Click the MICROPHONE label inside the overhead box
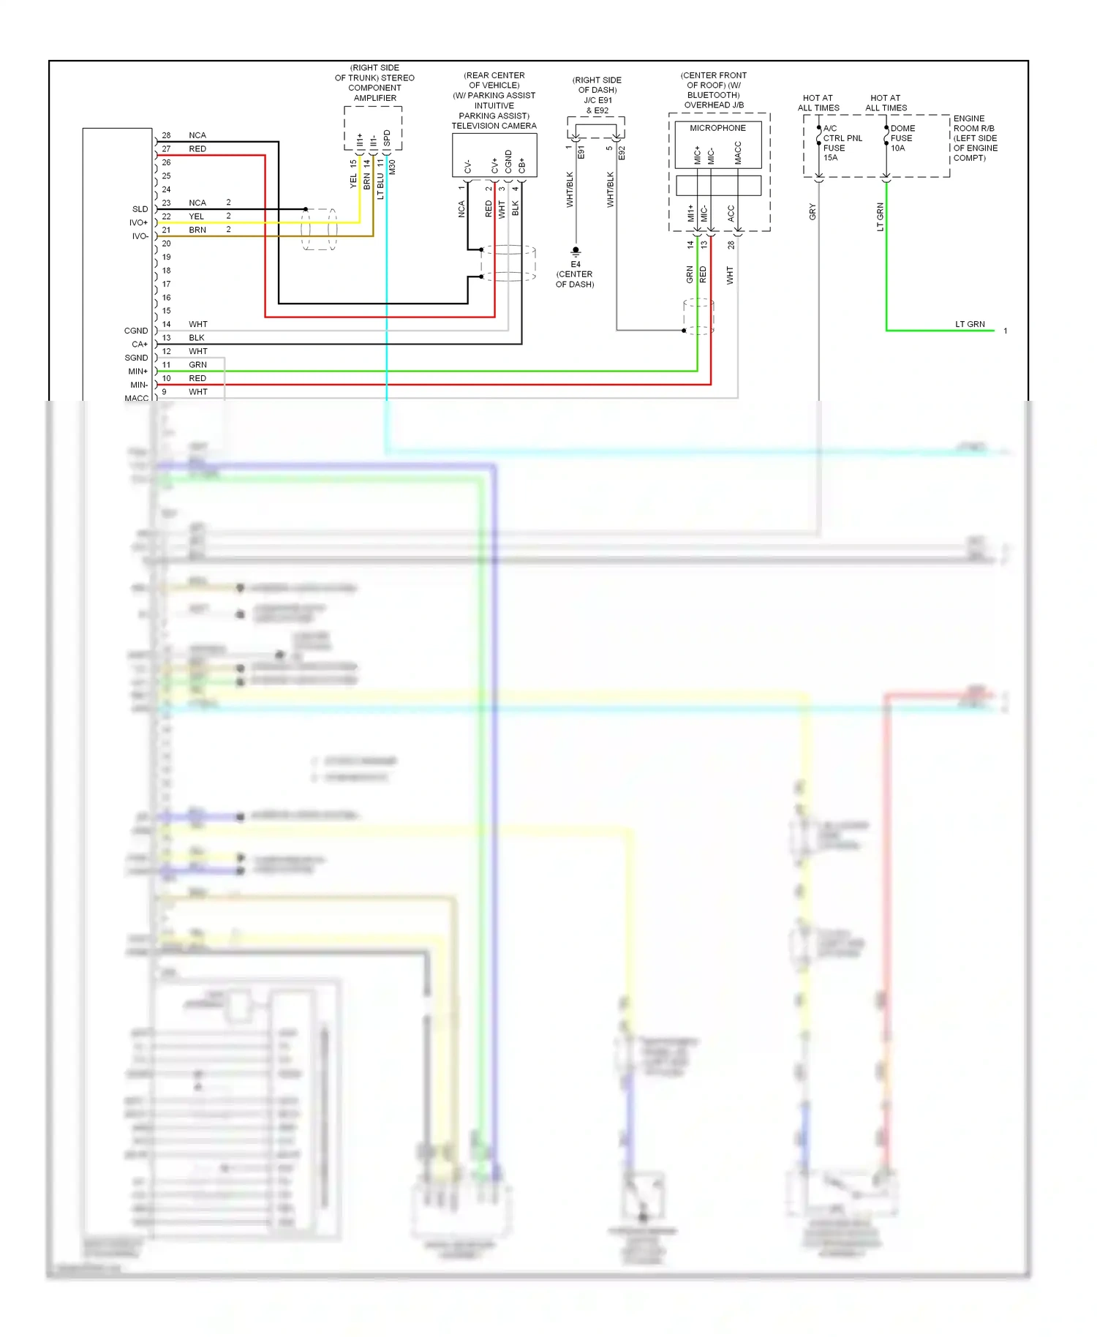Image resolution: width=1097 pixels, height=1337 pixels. tap(717, 128)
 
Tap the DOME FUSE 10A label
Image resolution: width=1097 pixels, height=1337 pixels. tap(902, 138)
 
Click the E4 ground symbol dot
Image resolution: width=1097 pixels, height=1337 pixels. tap(576, 250)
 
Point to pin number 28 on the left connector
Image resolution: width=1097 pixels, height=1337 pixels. tap(166, 135)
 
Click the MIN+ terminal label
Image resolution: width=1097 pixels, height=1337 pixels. tap(137, 372)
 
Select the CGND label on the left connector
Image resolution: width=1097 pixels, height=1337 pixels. tap(136, 331)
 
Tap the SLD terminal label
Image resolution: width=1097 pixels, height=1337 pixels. tap(140, 209)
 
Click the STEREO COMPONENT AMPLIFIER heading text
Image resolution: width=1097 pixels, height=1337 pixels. tap(374, 83)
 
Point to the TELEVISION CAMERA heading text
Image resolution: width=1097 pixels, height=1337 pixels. tap(494, 126)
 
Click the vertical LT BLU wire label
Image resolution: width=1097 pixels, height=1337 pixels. tap(380, 187)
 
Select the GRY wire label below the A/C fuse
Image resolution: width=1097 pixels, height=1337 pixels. tap(813, 212)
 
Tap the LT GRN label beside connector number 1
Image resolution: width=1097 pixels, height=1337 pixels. tap(970, 324)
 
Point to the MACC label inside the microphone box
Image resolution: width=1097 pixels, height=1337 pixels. tap(738, 152)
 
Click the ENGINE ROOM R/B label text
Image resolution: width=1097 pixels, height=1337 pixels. tap(975, 128)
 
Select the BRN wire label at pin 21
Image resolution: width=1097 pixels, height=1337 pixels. tap(197, 230)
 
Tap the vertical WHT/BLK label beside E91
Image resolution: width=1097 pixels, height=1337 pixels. tap(570, 189)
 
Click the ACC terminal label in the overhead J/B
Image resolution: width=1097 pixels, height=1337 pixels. tap(731, 214)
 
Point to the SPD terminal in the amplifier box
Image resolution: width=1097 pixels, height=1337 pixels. tap(388, 138)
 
